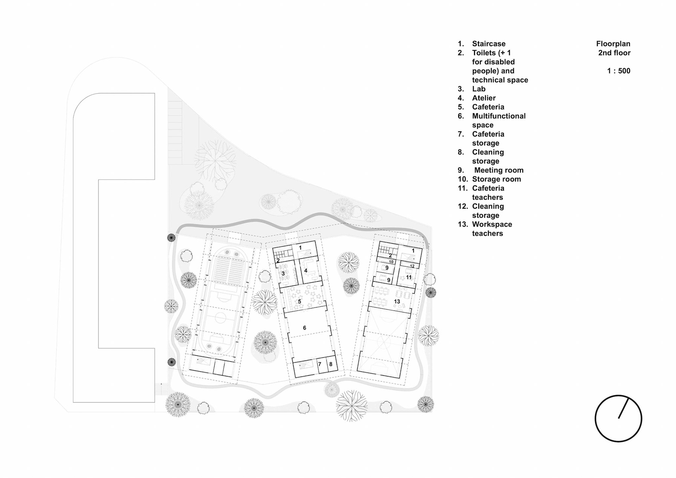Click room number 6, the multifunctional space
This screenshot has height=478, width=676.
[305, 328]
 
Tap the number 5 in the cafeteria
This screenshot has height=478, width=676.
[300, 302]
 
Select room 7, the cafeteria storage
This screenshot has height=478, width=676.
[320, 364]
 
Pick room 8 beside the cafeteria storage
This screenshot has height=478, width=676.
[331, 364]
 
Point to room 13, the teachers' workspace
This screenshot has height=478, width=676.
[397, 302]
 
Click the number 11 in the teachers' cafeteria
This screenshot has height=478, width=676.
[408, 277]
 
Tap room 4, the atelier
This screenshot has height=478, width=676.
[306, 271]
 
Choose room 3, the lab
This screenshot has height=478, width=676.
[283, 273]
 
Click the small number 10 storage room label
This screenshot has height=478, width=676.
[391, 262]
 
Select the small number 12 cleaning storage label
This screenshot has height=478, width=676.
[412, 266]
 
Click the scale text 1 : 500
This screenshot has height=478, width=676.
[619, 71]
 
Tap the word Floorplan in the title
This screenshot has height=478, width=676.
[613, 44]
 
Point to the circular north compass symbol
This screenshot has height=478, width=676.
[618, 418]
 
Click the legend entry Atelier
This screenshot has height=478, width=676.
[484, 98]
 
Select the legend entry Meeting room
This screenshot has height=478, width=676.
[499, 170]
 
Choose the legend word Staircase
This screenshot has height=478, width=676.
[489, 44]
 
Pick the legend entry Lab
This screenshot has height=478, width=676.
[479, 89]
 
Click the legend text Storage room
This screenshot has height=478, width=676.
[496, 179]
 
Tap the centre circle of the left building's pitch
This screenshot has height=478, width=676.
[220, 318]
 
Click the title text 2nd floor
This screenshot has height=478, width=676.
[614, 53]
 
